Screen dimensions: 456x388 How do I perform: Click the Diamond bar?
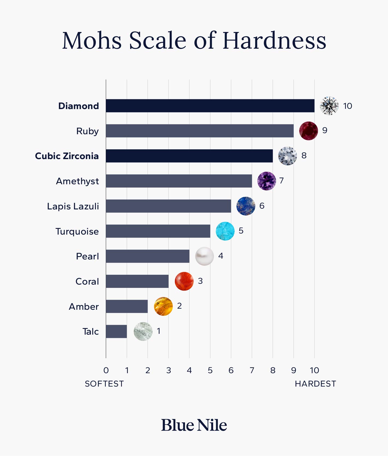(210, 106)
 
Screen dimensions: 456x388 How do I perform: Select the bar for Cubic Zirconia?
(189, 156)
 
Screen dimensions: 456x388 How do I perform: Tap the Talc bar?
(116, 331)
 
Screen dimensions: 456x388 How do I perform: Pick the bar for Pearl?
(148, 256)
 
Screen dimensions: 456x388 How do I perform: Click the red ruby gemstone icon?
(308, 131)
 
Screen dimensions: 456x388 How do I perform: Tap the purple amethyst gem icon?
(267, 181)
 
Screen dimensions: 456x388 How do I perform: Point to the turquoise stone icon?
(225, 231)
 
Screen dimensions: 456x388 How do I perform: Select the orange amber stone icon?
(163, 306)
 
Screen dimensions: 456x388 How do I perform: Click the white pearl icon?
(204, 256)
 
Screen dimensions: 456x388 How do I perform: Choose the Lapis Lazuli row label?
(73, 206)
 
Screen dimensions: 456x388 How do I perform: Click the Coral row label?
(87, 281)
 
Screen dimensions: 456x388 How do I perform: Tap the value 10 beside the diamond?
(348, 106)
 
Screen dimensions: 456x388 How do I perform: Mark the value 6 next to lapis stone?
(262, 206)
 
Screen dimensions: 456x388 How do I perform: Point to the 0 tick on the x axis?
(106, 370)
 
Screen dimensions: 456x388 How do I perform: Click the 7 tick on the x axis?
(252, 370)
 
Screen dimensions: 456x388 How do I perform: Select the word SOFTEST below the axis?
(104, 384)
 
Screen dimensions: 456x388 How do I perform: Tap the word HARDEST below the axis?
(315, 384)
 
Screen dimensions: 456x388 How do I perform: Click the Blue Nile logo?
(194, 425)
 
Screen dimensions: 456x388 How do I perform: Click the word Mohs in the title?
(92, 41)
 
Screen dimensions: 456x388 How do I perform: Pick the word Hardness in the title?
(274, 41)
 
